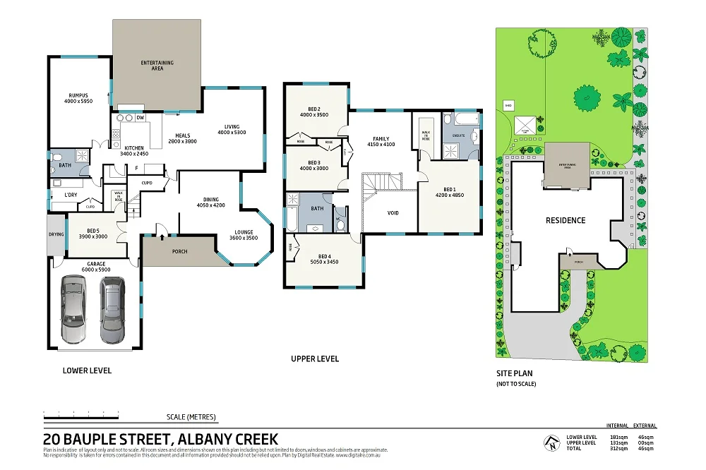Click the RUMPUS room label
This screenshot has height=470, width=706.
pyautogui.click(x=78, y=95)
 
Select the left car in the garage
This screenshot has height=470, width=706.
pyautogui.click(x=73, y=308)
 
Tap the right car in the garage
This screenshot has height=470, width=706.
pyautogui.click(x=112, y=308)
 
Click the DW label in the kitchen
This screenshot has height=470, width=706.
pyautogui.click(x=140, y=118)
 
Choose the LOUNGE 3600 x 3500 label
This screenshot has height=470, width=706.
pyautogui.click(x=244, y=235)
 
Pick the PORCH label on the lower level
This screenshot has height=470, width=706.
pyautogui.click(x=180, y=251)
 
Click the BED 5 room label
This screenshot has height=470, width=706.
pyautogui.click(x=97, y=231)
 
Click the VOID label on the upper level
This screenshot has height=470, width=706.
pyautogui.click(x=393, y=212)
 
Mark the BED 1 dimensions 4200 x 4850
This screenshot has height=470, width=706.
pyautogui.click(x=449, y=195)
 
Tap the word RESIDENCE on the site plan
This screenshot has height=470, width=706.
pyautogui.click(x=566, y=220)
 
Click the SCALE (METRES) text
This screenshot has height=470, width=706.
pyautogui.click(x=191, y=416)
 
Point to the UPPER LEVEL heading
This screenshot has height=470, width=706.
pyautogui.click(x=315, y=358)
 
